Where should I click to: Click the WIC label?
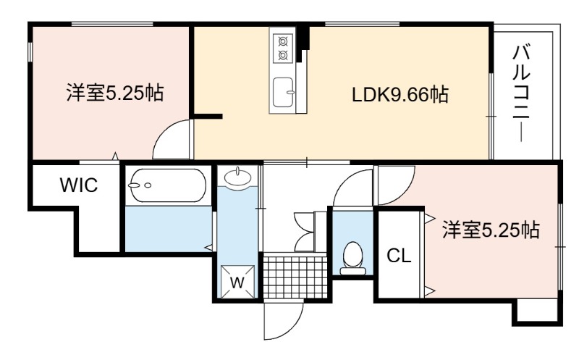coord(79,185)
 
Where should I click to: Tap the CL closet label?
coord(399,256)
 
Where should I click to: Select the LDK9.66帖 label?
coord(400,94)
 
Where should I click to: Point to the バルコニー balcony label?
coord(521,93)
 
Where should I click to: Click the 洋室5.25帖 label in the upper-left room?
coord(115,93)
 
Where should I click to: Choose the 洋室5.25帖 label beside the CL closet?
coord(491,230)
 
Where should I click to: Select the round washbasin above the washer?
coord(237,176)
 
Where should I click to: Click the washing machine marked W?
coord(237,282)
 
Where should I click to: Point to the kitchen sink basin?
coord(284,92)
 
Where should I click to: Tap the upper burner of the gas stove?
coord(283,41)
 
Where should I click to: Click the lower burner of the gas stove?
coord(283,56)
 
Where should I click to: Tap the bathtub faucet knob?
coord(148,185)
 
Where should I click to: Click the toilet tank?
coord(352,272)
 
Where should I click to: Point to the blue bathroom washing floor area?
coord(169,229)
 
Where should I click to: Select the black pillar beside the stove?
coord(304,37)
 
